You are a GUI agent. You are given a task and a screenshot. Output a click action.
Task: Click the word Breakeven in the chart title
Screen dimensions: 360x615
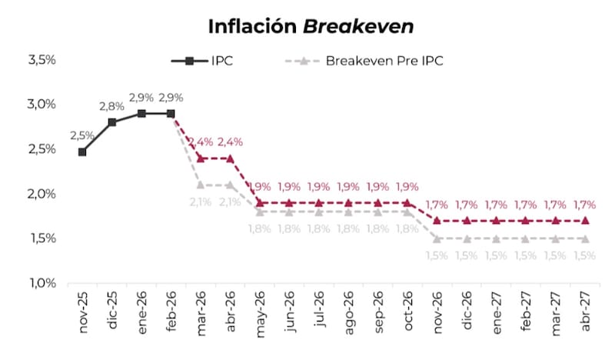pos(358,26)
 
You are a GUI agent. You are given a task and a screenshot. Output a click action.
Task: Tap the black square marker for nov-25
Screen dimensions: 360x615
pos(82,152)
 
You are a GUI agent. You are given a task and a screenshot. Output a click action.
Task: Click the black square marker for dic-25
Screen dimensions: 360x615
pos(112,122)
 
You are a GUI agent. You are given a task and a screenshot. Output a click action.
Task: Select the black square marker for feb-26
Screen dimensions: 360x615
pos(171,113)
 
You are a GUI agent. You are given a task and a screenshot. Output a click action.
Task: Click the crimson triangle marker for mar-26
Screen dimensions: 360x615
pos(201,158)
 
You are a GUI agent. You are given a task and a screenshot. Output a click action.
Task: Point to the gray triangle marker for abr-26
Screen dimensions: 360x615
pos(230,185)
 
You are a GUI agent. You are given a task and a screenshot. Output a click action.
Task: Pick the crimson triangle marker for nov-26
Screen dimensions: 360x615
pos(437,220)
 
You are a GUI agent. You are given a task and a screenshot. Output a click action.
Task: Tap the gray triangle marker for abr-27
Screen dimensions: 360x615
pos(585,238)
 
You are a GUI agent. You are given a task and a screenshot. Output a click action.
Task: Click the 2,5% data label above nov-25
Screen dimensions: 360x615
pos(82,135)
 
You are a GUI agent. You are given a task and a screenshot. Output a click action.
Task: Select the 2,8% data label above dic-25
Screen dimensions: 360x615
pos(111,106)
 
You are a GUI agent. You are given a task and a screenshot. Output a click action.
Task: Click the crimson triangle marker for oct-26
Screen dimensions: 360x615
pos(407,202)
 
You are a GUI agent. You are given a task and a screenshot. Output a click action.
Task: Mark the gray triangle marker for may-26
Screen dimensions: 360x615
pos(260,212)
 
